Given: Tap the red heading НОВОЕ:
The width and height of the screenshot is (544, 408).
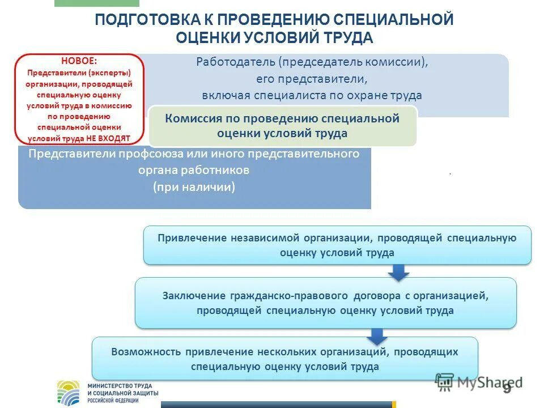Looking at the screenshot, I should tap(78, 61).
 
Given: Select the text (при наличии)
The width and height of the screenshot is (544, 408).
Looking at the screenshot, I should tap(194, 187).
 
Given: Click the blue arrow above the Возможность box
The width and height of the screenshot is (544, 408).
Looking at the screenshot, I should tap(375, 337).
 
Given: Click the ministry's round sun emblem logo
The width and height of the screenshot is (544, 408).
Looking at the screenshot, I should tap(70, 392).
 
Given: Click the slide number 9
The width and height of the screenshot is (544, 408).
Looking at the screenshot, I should tap(506, 388).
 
